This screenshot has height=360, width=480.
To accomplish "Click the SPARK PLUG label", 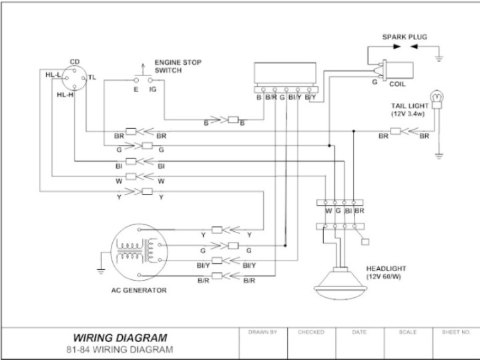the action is [x=405, y=37].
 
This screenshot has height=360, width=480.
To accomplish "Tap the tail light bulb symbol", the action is [x=437, y=100].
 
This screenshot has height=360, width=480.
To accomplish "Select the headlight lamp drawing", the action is [x=340, y=283].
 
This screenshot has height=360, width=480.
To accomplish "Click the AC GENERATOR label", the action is [x=139, y=290].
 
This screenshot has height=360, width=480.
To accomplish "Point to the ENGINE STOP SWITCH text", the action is [x=178, y=66].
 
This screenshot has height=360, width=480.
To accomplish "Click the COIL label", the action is [x=397, y=84].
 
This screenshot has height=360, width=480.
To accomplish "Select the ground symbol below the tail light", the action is [x=439, y=156].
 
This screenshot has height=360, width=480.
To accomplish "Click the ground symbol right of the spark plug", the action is [x=439, y=59].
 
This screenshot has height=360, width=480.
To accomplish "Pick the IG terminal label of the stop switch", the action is [x=153, y=89].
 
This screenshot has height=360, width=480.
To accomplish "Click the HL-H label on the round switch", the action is [x=65, y=95].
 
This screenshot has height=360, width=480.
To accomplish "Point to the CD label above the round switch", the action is [x=75, y=61].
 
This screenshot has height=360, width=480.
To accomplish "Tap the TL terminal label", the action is [x=92, y=77].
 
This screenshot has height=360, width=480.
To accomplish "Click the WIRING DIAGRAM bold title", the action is [x=120, y=338].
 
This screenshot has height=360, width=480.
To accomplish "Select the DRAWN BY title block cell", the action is [x=263, y=343].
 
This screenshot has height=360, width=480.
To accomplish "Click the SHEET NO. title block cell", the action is [x=456, y=343].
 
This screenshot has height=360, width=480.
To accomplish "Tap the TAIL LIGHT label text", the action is [x=410, y=110].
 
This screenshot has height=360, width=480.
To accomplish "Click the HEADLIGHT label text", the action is [x=386, y=273].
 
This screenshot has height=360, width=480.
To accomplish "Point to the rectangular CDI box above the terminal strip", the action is [x=285, y=73].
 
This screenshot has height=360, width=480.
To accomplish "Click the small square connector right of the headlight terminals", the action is [x=365, y=242].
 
